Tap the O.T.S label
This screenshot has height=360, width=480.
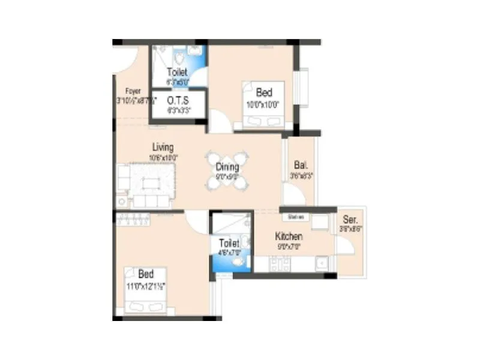178,100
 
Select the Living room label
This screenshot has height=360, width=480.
163,147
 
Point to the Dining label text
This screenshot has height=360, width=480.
227,167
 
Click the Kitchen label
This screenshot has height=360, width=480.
289,236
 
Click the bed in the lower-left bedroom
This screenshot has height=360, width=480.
146,290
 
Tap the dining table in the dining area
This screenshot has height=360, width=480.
227,171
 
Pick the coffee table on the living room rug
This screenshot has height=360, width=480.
151,182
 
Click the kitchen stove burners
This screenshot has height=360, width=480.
280,263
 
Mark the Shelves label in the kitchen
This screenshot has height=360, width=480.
296,217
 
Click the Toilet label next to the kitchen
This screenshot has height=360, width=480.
229,243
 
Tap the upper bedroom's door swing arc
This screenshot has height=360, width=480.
220,122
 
